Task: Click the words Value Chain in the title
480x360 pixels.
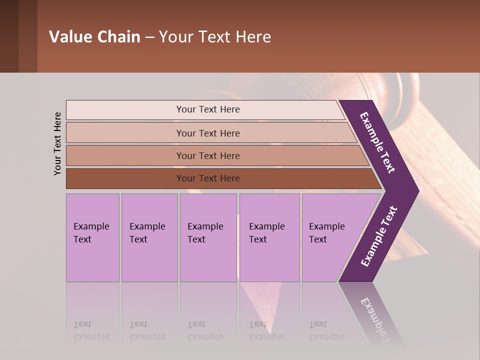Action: [94, 37]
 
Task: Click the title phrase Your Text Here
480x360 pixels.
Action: [215, 37]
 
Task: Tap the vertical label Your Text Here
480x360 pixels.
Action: [57, 143]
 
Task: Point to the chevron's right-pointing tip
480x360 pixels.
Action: [416, 190]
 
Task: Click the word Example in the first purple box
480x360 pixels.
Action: [91, 226]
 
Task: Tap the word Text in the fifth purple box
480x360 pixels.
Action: [317, 239]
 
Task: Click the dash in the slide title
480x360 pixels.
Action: [149, 37]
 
